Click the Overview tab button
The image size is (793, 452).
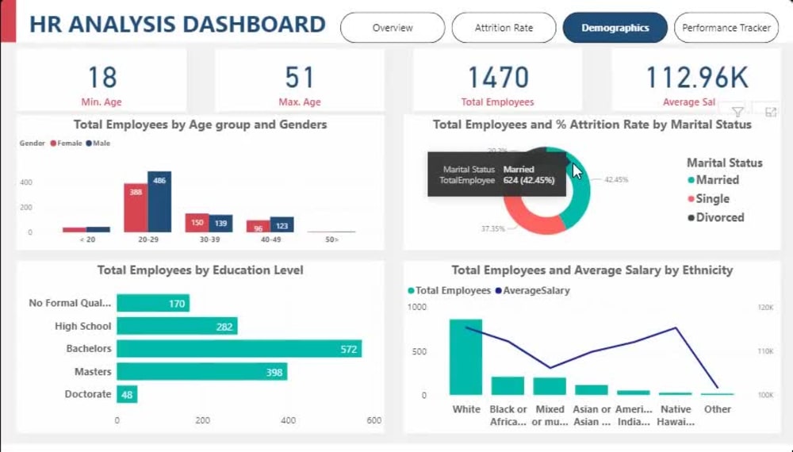(x=393, y=28)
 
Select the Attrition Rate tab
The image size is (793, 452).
(x=504, y=28)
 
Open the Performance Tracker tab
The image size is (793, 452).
(x=726, y=28)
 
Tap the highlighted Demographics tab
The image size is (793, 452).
(x=615, y=28)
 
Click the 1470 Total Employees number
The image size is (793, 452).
(x=497, y=78)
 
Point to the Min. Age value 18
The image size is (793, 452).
(x=102, y=78)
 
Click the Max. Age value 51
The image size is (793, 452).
(x=300, y=78)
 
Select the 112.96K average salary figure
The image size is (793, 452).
(x=696, y=78)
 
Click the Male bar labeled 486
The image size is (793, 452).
(x=159, y=202)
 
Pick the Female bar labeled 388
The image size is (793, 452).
(x=136, y=208)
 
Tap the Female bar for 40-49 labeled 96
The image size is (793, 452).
(x=258, y=226)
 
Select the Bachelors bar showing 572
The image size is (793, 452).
(x=239, y=349)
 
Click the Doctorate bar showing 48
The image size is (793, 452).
(x=127, y=394)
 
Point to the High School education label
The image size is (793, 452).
(x=83, y=326)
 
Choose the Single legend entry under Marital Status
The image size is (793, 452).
(x=712, y=199)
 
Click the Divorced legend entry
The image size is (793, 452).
(x=719, y=217)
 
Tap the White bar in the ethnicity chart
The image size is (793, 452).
(x=465, y=357)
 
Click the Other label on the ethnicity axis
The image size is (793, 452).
(x=718, y=409)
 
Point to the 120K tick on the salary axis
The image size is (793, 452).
(x=766, y=307)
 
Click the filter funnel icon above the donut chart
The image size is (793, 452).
(x=737, y=112)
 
